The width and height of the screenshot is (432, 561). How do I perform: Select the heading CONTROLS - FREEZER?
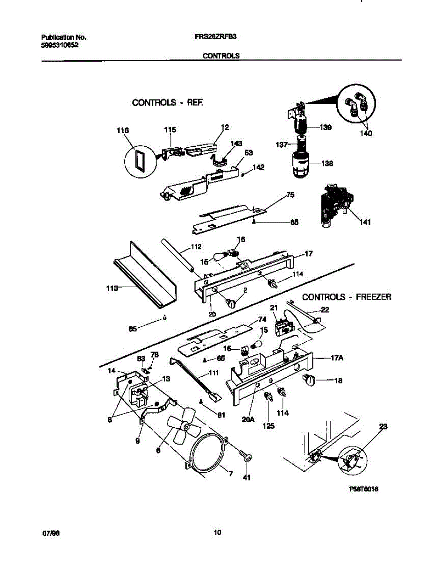click(347, 297)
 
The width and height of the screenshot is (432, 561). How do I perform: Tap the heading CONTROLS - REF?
click(168, 102)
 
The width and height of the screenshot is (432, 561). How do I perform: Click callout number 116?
click(123, 131)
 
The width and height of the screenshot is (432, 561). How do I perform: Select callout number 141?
click(365, 223)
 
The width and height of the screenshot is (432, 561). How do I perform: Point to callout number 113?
click(110, 288)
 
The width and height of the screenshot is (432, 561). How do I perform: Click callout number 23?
click(383, 427)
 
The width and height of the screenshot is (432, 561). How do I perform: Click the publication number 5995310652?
click(60, 46)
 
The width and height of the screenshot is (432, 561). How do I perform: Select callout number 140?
click(366, 134)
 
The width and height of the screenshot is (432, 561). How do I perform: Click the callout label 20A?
click(248, 420)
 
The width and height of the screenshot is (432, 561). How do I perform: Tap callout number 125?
click(268, 426)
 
